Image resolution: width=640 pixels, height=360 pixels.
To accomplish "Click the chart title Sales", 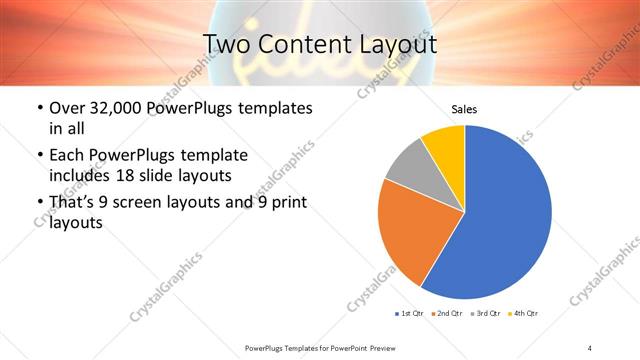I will (464, 108).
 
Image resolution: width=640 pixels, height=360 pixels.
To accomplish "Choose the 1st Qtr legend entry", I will (409, 314).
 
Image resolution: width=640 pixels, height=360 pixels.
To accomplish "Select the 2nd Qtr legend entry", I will (446, 314).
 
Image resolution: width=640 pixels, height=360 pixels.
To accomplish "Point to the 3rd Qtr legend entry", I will (484, 314).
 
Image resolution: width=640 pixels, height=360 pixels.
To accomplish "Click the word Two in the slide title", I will (227, 45).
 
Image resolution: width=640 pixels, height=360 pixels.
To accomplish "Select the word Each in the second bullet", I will (68, 156).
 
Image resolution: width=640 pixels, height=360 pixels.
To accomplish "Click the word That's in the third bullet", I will (73, 204).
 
